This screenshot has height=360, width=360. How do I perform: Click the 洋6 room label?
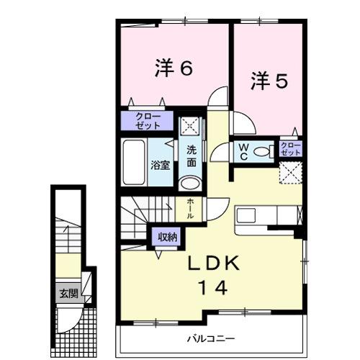[x=173, y=68]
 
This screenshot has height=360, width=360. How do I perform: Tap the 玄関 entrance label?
[x=68, y=294]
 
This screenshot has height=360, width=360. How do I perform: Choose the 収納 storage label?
[x=167, y=236]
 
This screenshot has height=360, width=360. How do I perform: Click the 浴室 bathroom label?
[x=159, y=165]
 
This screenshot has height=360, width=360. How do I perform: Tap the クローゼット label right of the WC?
[x=291, y=150]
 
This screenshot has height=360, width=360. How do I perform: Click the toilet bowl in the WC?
[x=264, y=151]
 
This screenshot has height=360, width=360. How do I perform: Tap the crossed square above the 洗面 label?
[x=190, y=127]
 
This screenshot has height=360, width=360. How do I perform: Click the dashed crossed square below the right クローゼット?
[x=290, y=173]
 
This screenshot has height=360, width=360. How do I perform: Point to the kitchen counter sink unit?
[x=266, y=217]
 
